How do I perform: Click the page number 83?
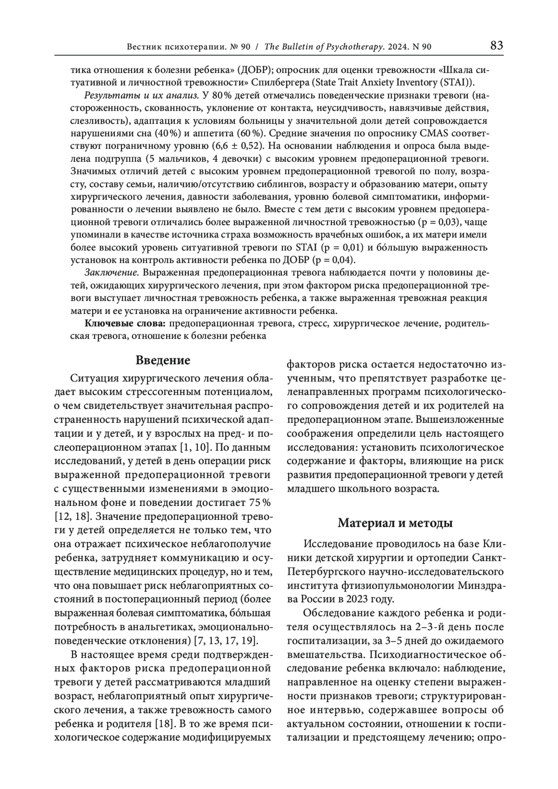pos(496,46)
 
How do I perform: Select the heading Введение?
pos(163,361)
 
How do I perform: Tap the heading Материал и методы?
pos(395,523)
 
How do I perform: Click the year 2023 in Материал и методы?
pos(358,598)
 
